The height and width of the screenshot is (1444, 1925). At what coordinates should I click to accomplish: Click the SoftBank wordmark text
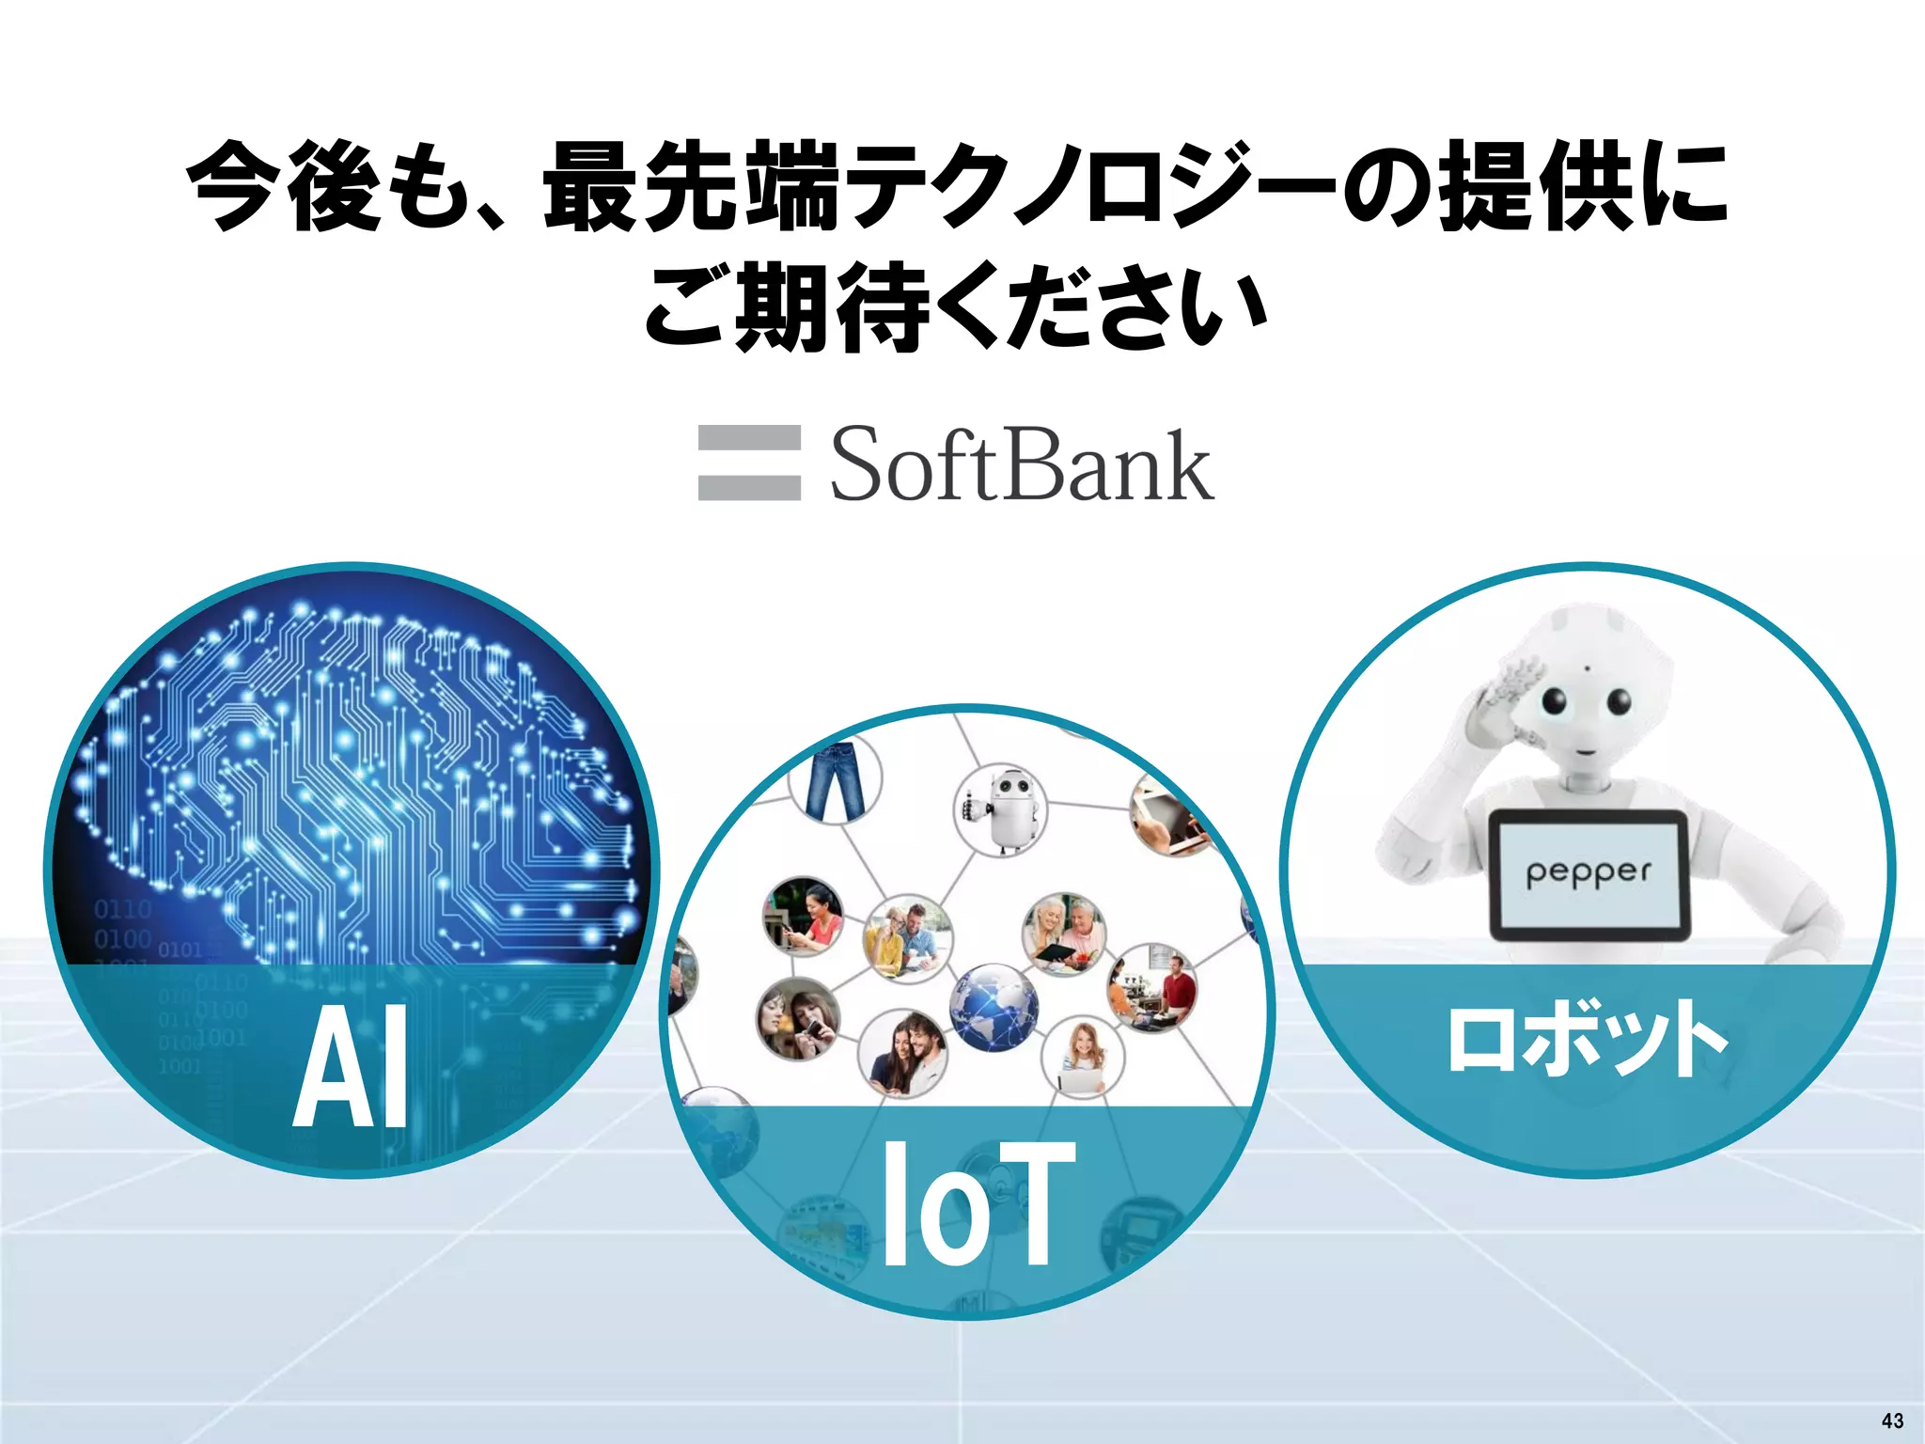coord(1022,464)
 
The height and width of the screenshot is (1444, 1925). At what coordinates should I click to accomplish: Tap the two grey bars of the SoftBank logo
coord(749,463)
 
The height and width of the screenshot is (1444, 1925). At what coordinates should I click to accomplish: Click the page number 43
coord(1892,1420)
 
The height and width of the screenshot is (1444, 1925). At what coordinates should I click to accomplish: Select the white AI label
coord(352,1066)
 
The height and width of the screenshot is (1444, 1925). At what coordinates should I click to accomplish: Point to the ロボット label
coord(1587,1038)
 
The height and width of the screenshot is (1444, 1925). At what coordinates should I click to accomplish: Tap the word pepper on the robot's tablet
coord(1588,872)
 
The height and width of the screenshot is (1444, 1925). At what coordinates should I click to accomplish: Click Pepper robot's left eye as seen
coord(1555,700)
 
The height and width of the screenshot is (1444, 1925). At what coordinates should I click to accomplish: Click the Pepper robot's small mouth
coord(1586,751)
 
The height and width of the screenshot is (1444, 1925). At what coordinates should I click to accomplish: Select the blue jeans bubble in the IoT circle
coord(837,780)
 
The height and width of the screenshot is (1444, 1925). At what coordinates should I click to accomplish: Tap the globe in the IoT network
coord(994,1007)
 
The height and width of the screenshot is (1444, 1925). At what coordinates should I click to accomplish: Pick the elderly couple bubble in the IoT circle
coord(1064,934)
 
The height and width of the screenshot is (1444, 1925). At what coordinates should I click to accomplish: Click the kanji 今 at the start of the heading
coord(235,185)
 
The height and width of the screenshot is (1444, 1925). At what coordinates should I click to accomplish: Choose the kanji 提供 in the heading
coord(1537,185)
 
